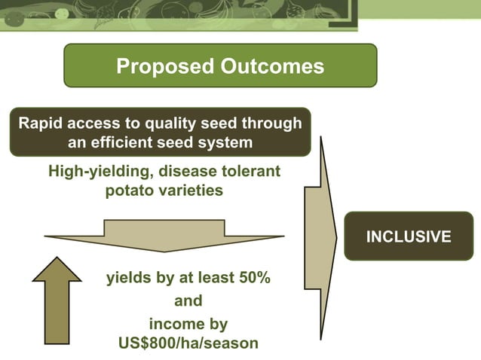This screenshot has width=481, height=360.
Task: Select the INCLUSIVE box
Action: (x=409, y=236)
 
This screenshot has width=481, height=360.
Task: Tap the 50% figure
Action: (x=250, y=278)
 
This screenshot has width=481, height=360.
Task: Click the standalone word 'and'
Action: (x=188, y=301)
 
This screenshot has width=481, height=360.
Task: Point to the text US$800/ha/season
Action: (x=188, y=343)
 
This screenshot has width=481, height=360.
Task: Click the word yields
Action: (x=128, y=278)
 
